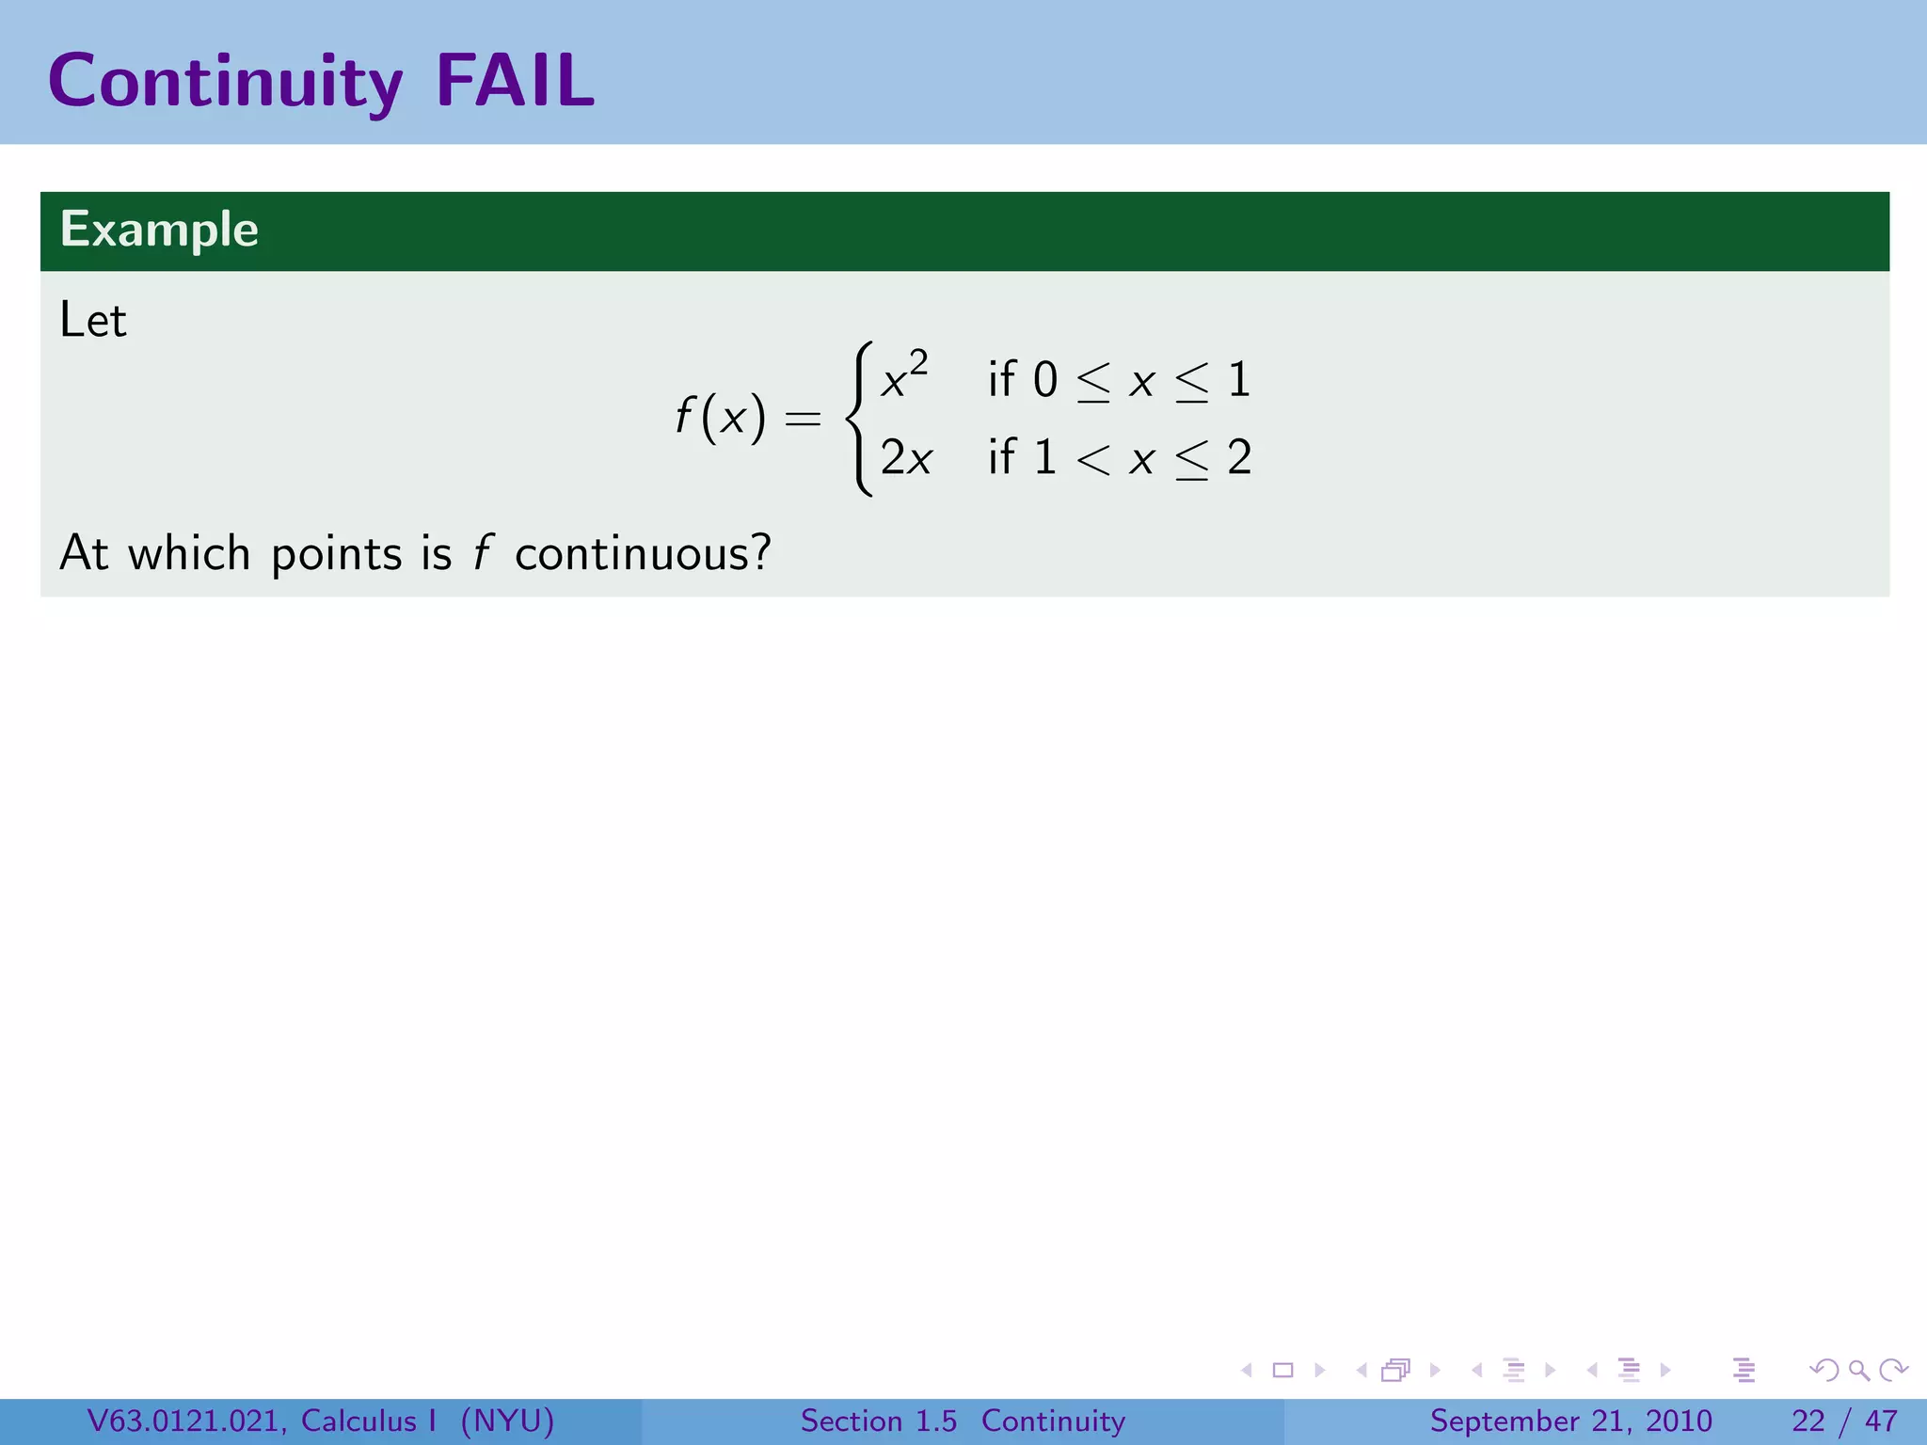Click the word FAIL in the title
[515, 81]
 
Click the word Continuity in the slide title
[226, 83]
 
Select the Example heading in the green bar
[159, 230]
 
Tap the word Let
[92, 320]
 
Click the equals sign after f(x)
[803, 418]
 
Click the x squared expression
[904, 376]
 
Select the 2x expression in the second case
[906, 458]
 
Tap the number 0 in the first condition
[1044, 380]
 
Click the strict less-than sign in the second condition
[1093, 459]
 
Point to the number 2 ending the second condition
[1239, 458]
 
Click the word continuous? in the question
[643, 553]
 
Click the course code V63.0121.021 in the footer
[185, 1421]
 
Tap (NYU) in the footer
[507, 1421]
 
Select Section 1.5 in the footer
[878, 1421]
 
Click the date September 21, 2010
[1570, 1421]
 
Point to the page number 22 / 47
[1844, 1421]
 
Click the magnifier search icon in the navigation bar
[1858, 1370]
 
